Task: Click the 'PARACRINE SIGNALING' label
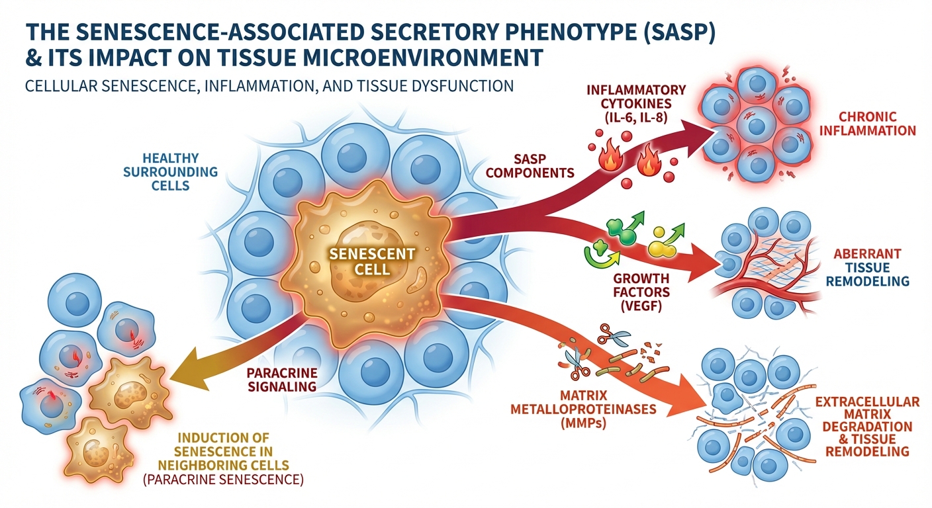tap(283, 379)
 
